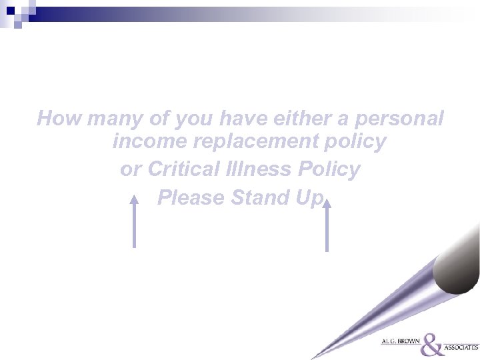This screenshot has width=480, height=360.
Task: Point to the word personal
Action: point(403,120)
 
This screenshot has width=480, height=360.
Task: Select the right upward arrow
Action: point(327,227)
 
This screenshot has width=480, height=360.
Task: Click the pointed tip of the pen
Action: point(313,357)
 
